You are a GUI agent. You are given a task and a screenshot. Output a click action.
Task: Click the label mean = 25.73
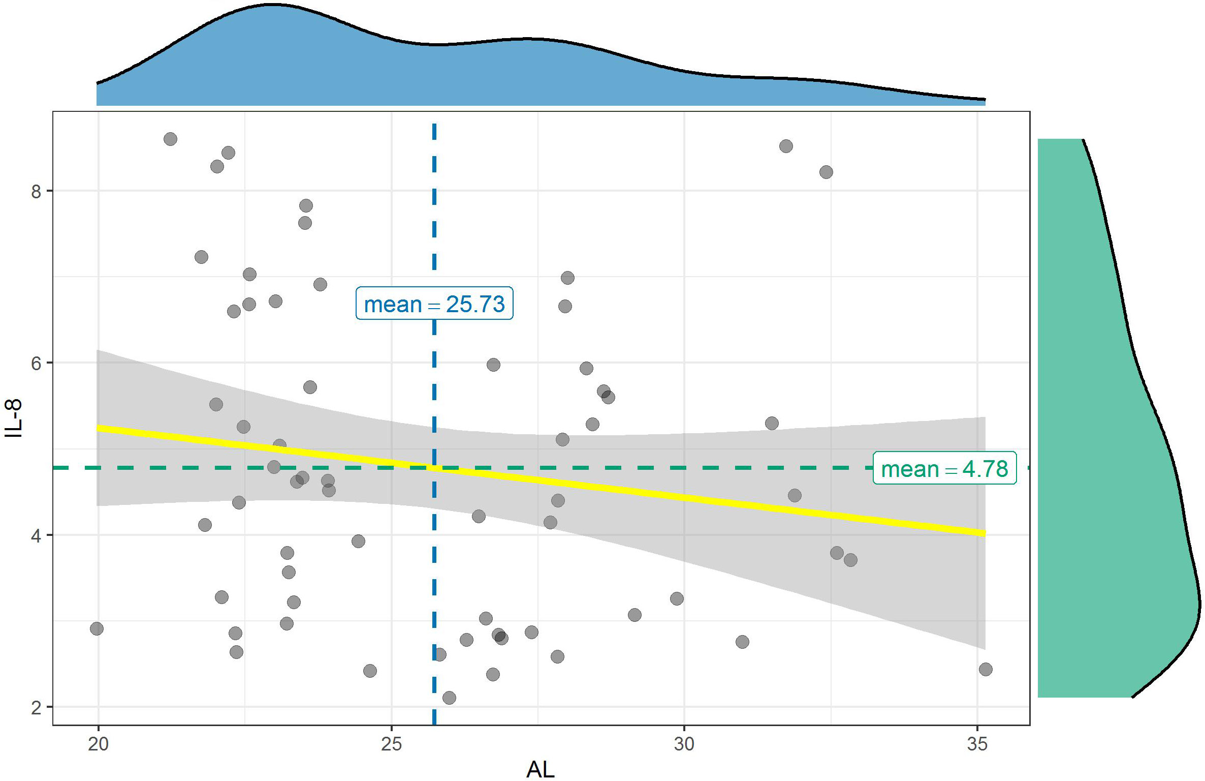[434, 304]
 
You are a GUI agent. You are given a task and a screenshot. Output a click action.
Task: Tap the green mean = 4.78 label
[944, 468]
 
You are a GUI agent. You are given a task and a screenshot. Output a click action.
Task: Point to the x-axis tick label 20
[98, 744]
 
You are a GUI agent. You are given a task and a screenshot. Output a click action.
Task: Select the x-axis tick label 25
[391, 744]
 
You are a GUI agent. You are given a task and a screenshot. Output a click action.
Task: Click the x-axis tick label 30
[684, 744]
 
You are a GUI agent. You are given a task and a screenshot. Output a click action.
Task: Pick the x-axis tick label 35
[977, 744]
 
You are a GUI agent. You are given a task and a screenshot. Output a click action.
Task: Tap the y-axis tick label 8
[36, 191]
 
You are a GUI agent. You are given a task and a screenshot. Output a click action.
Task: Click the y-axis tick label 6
[36, 363]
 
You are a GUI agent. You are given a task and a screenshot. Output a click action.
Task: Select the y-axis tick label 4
[36, 535]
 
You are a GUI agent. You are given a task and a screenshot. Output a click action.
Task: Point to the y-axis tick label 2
[36, 707]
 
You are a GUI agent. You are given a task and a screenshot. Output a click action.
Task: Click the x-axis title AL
[541, 770]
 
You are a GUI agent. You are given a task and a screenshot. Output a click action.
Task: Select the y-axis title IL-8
[14, 418]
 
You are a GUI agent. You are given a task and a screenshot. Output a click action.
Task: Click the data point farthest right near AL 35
[986, 669]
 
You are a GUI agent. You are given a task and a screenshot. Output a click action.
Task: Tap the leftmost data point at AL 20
[97, 629]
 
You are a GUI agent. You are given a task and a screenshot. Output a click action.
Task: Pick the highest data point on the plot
[170, 139]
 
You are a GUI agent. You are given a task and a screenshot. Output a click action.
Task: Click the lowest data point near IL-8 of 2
[449, 698]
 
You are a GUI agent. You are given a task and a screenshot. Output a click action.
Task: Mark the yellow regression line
[660, 493]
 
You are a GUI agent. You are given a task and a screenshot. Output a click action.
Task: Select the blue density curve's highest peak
[272, 6]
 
